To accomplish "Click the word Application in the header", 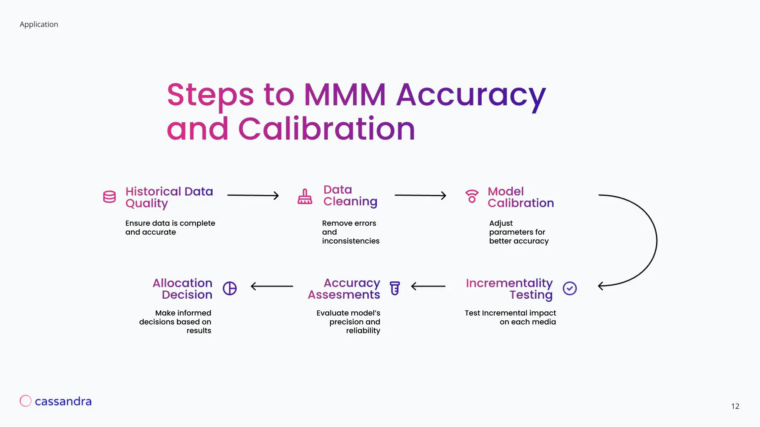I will (x=39, y=24).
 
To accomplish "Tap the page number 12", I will (x=735, y=406).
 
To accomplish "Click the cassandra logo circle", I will (x=25, y=401).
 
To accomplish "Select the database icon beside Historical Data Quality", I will (x=109, y=197).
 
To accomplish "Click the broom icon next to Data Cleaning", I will (x=305, y=196).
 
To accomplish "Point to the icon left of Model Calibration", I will (x=472, y=196).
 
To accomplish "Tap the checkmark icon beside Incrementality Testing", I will (x=569, y=288).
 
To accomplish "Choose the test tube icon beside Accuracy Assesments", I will (x=395, y=288).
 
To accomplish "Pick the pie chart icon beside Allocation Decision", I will (x=230, y=288).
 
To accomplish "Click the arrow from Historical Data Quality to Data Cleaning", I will (x=253, y=195).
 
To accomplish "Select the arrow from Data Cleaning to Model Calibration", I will (x=420, y=195).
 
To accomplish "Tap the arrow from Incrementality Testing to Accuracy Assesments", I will (x=428, y=286).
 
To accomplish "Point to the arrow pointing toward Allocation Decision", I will (x=272, y=286).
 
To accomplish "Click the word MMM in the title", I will (x=345, y=95).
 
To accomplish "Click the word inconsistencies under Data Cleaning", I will (x=351, y=241).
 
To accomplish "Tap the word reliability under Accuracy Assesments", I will (x=363, y=331).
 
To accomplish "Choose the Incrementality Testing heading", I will (x=509, y=289).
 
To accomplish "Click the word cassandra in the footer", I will (x=63, y=401).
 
